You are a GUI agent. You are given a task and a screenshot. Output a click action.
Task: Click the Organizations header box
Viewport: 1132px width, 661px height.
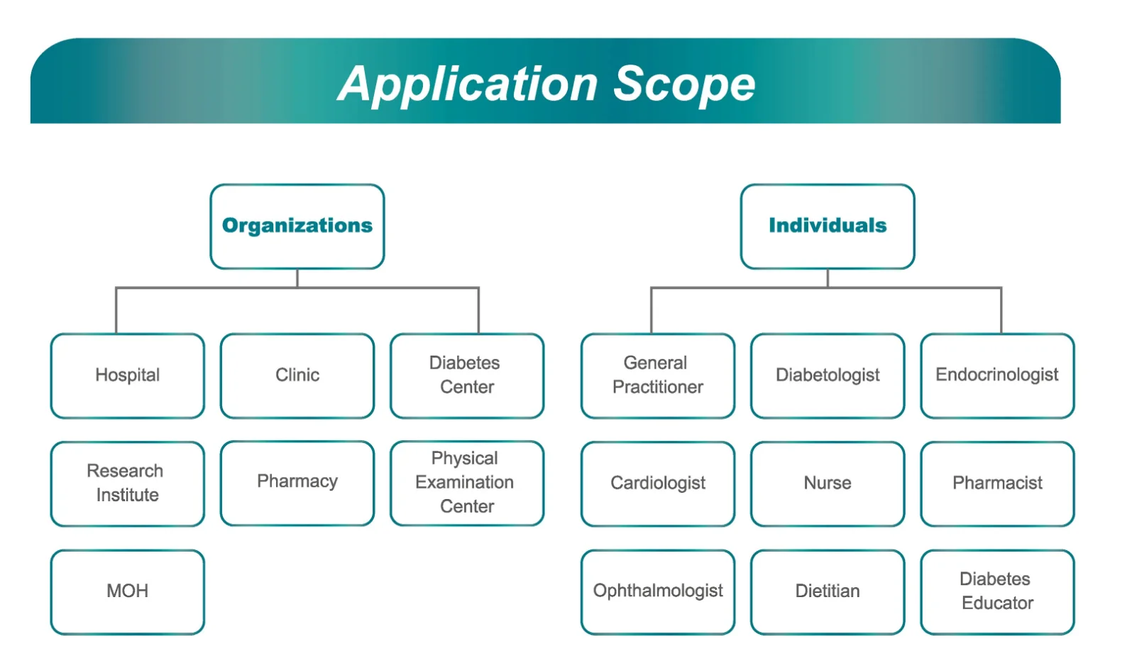[297, 226]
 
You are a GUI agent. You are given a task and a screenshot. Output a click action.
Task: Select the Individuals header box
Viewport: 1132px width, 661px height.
[827, 226]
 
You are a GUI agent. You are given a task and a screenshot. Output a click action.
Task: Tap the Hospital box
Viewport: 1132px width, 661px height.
[128, 376]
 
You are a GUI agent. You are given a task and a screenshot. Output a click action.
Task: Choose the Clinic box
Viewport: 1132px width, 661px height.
[297, 376]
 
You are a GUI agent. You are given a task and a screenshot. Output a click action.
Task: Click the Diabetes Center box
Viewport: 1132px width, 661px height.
[467, 376]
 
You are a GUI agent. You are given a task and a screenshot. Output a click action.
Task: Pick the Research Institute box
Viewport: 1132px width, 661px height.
[128, 484]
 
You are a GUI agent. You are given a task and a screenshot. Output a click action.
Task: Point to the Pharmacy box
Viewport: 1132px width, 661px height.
[297, 483]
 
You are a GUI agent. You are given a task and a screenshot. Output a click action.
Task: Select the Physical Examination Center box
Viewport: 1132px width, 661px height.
[467, 483]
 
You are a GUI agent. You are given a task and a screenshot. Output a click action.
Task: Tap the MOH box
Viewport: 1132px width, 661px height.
[128, 591]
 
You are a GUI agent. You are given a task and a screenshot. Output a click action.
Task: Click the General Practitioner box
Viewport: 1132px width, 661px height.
[658, 376]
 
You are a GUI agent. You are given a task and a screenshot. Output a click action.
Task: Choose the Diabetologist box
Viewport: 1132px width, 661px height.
[828, 376]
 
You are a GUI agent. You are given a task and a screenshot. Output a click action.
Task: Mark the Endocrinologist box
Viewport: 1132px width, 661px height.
[997, 376]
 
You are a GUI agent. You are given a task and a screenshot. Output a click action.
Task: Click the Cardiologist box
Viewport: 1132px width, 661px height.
[658, 484]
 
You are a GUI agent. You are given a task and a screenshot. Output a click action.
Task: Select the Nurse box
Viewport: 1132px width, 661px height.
[828, 484]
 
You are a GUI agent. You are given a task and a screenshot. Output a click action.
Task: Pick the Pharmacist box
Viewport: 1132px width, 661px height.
[997, 484]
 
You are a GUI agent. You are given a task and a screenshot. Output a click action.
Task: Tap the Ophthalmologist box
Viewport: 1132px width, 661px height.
[658, 591]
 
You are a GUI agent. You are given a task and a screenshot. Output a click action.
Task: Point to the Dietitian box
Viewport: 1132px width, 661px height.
[828, 591]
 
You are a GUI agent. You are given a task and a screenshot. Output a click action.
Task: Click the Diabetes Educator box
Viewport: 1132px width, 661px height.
[997, 591]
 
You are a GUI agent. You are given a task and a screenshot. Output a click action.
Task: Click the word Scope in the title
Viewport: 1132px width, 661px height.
[684, 84]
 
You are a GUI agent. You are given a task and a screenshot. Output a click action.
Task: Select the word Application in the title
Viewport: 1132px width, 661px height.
[468, 84]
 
